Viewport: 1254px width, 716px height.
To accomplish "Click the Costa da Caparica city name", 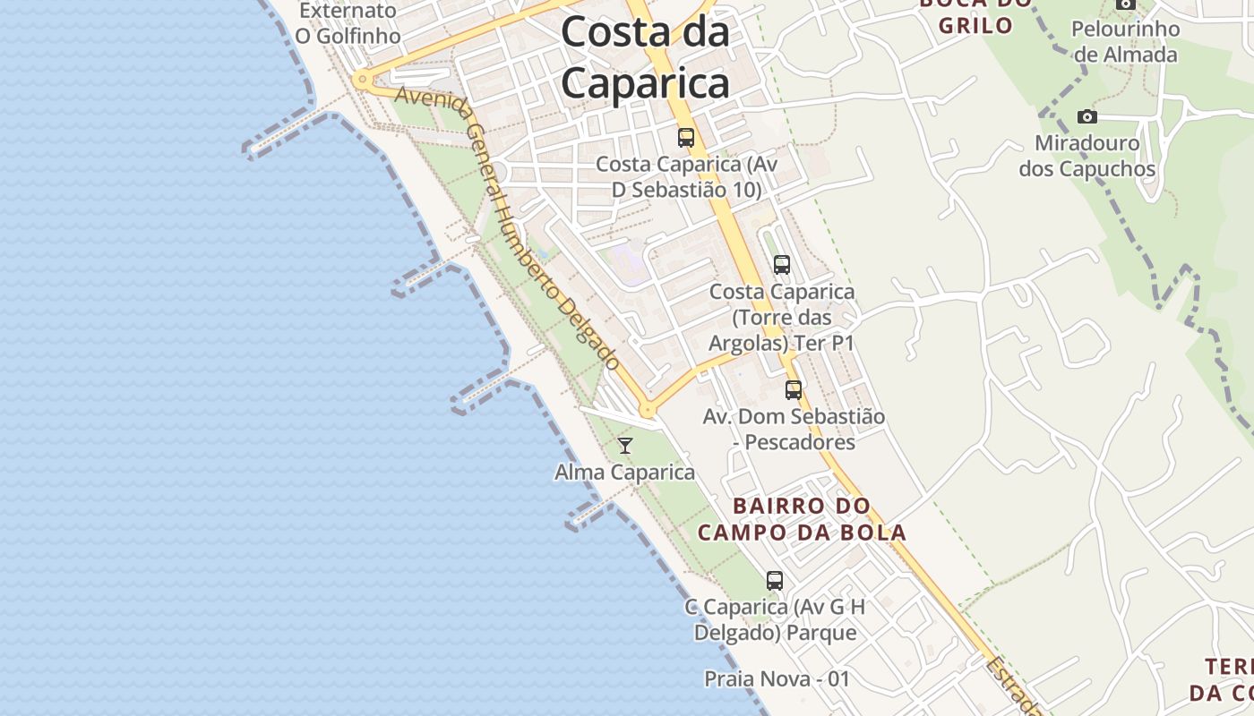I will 645,58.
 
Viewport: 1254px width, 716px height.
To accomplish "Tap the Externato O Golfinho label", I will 348,23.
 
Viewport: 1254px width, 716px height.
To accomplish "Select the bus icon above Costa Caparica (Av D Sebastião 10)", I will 686,138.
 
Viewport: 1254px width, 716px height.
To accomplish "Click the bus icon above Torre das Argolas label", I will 782,265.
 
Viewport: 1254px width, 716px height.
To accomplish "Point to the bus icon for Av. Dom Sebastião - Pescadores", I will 794,390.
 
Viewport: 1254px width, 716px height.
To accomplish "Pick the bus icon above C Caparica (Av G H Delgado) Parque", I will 775,581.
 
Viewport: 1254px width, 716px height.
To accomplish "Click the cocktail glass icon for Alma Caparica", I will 625,446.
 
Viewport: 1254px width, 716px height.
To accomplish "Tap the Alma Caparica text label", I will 625,472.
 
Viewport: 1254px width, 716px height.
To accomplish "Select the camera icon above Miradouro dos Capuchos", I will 1087,117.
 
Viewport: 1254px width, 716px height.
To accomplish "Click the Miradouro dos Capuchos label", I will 1087,156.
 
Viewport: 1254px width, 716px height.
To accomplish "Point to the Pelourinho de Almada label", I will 1126,41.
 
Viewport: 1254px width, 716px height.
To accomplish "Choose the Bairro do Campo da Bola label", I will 802,519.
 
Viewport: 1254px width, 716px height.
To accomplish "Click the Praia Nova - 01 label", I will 777,678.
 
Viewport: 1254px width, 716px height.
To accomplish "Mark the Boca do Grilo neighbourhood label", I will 975,16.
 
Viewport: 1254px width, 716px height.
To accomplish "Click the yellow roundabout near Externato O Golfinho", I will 362,80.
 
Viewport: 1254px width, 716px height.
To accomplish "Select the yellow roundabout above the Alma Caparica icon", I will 647,411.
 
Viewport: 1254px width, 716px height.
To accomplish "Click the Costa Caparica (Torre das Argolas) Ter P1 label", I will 782,318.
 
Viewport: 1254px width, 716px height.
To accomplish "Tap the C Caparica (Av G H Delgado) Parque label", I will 775,619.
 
